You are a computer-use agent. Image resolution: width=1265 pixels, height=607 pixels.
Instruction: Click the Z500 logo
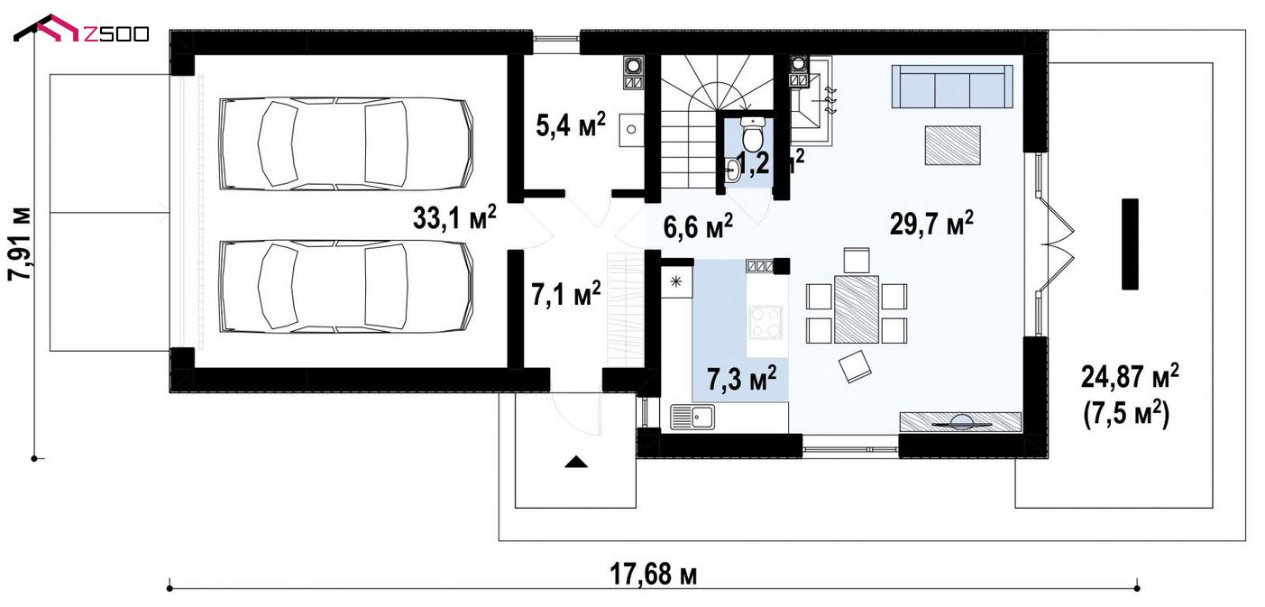(81, 30)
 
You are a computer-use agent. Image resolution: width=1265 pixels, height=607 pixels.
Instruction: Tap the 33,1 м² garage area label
(454, 217)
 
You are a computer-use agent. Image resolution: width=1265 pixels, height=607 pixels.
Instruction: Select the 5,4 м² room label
(571, 124)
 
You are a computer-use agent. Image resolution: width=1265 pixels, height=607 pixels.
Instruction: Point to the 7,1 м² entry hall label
(566, 294)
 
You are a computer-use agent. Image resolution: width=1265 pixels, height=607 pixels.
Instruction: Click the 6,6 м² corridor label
(698, 226)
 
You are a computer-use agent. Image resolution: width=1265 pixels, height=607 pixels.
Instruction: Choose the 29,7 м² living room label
(931, 224)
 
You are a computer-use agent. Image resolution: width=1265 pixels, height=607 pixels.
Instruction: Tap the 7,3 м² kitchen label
(741, 378)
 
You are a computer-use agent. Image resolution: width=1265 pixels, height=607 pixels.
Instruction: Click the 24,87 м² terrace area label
(1130, 377)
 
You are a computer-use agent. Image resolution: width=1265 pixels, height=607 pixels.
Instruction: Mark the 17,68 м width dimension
(654, 575)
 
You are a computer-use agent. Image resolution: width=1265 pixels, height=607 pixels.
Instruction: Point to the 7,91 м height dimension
(21, 244)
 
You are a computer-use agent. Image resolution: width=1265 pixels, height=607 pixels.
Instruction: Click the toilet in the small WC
(752, 134)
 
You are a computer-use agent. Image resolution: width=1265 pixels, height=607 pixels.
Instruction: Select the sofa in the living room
(952, 86)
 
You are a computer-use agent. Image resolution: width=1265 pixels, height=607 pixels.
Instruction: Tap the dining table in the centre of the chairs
(857, 308)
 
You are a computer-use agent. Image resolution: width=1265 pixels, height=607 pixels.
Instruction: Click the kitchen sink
(692, 417)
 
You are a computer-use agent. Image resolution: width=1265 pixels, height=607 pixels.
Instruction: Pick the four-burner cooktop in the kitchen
(765, 322)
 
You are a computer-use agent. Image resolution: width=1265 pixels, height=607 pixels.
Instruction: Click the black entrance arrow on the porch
(576, 462)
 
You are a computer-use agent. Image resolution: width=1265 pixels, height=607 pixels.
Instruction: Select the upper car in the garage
(345, 143)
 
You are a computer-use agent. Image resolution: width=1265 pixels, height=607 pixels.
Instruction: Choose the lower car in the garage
(345, 287)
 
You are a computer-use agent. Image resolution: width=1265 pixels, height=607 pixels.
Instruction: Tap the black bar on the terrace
(1130, 244)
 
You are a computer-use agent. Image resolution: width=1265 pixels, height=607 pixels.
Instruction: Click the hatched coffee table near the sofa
(952, 146)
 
